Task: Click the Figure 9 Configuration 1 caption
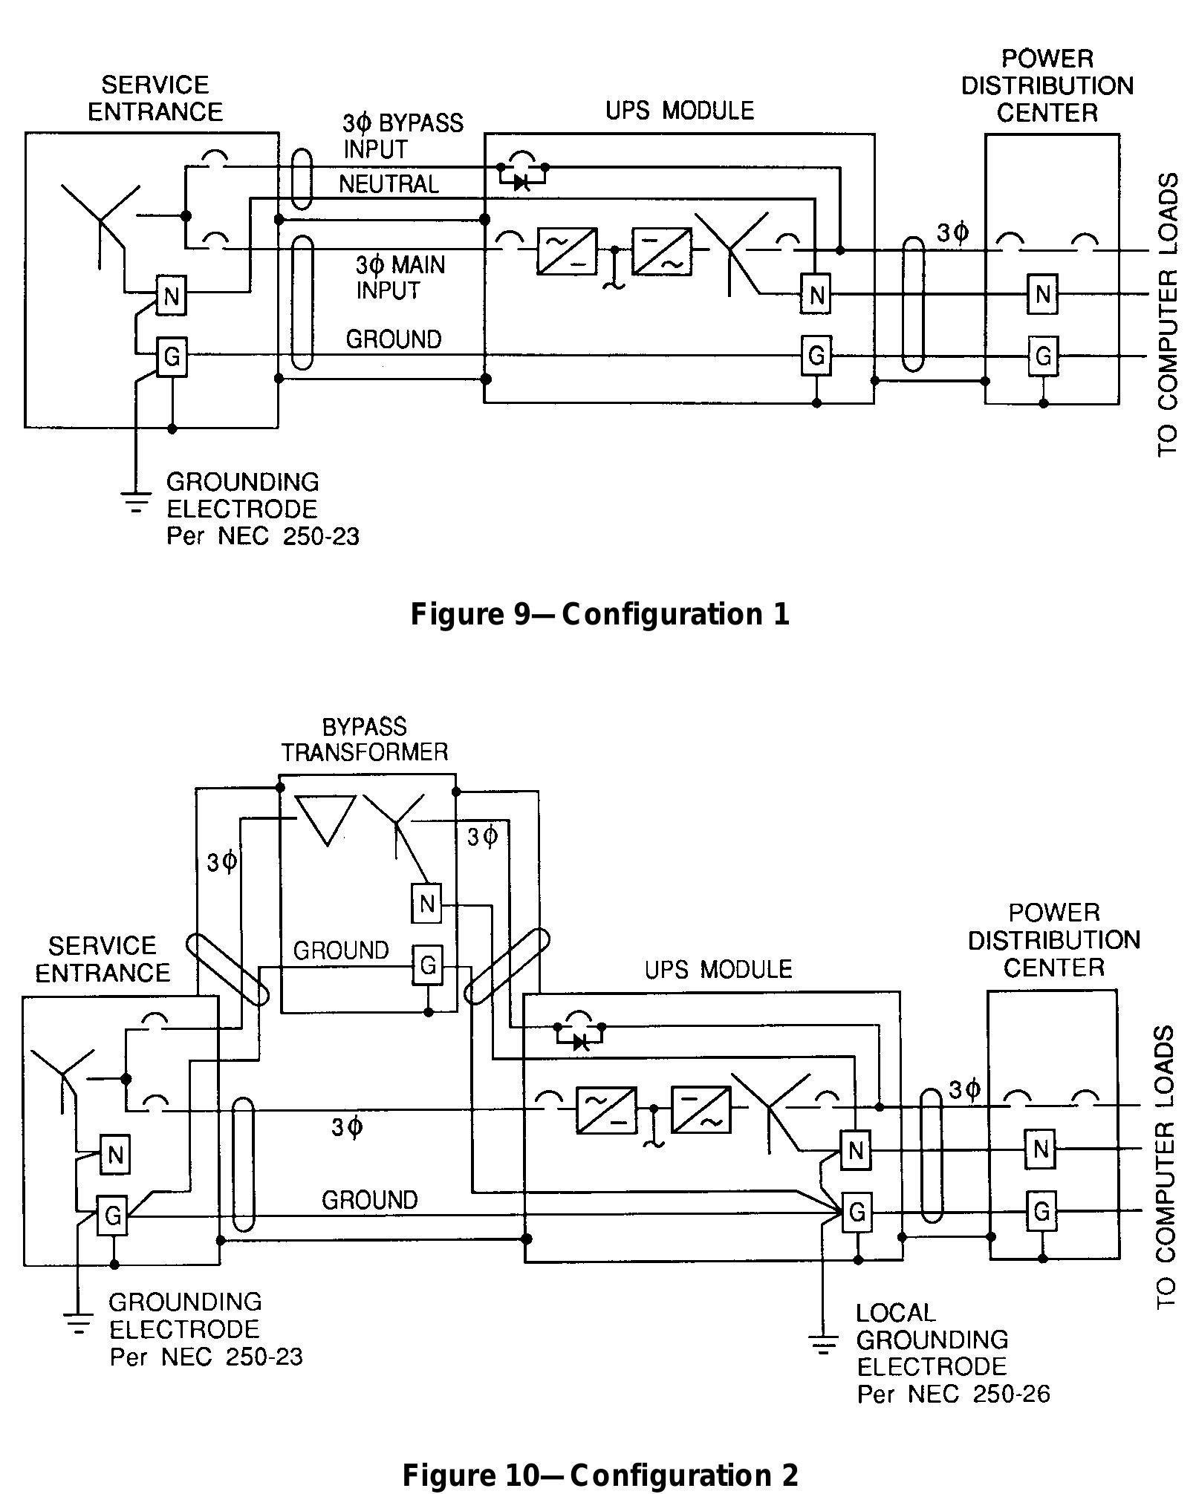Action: click(599, 614)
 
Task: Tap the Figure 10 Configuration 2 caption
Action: click(599, 1475)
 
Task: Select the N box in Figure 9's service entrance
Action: click(172, 296)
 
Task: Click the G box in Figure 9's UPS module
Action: click(816, 356)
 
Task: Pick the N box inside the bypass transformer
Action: click(426, 904)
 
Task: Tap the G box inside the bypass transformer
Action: click(427, 965)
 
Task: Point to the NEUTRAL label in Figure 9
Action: click(389, 183)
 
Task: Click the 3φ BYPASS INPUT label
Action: click(402, 135)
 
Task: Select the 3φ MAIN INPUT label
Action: click(400, 277)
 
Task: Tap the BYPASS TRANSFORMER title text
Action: click(364, 740)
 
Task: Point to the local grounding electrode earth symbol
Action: click(822, 1344)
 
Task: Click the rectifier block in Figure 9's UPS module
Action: click(567, 251)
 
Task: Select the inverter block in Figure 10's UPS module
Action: click(701, 1109)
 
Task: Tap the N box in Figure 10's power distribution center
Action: click(1041, 1150)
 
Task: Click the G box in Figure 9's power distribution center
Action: click(1043, 356)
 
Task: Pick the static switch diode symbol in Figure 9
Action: click(522, 182)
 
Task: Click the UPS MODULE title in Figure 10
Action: click(718, 969)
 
